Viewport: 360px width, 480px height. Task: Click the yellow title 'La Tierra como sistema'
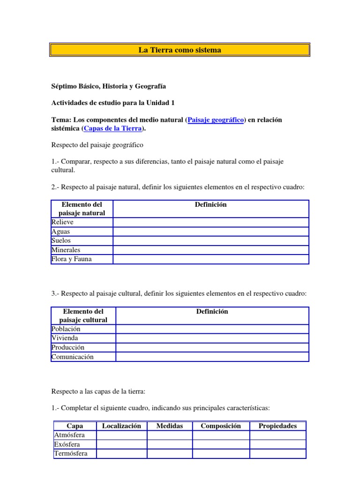pos(180,50)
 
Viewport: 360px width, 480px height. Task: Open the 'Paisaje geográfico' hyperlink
pos(216,120)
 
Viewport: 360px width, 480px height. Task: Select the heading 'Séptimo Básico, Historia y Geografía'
pos(108,86)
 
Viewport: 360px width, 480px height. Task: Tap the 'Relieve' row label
pos(62,222)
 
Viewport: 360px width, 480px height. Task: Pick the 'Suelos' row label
pos(61,241)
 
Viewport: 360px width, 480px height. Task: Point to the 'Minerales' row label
pos(66,250)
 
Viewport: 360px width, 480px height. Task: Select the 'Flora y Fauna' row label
pos(71,259)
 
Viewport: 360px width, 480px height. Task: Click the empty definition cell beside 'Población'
pos(212,329)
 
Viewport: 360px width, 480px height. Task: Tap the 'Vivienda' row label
pos(65,338)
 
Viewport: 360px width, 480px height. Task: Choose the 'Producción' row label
pos(68,348)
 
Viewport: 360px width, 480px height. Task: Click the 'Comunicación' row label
pos(73,357)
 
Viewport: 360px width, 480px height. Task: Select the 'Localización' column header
pos(121,426)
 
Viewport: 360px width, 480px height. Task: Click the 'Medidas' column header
pos(170,426)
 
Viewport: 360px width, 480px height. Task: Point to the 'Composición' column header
pos(221,426)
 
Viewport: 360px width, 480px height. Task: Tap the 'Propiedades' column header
pos(277,426)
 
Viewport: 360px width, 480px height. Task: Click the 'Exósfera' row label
pos(67,444)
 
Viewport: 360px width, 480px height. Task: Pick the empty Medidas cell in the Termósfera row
pos(170,454)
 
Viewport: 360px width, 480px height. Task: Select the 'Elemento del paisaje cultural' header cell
pos(83,315)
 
